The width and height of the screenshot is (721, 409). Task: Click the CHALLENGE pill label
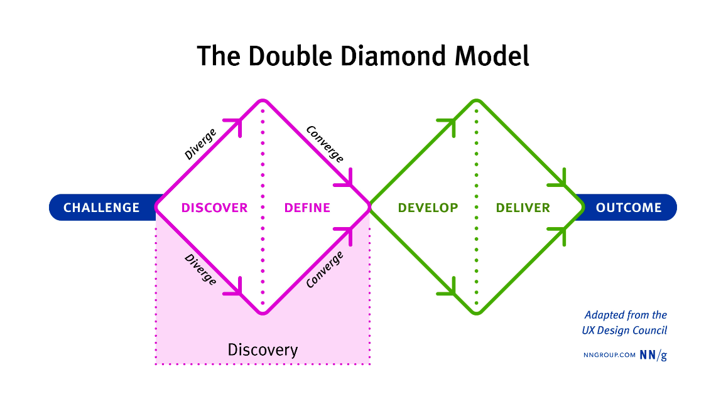tap(101, 208)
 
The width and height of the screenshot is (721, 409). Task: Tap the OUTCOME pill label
tap(628, 208)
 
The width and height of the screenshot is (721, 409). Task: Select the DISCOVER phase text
tap(214, 208)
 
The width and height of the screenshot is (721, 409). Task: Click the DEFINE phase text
tap(307, 208)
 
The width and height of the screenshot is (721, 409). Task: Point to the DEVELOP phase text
tap(428, 208)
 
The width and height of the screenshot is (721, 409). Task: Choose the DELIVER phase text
tap(523, 208)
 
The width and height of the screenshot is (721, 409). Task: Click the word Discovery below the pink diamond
tap(263, 349)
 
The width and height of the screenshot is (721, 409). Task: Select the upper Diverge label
tap(200, 144)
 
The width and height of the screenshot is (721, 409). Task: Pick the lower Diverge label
tap(200, 269)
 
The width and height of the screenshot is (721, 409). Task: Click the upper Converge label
tap(325, 144)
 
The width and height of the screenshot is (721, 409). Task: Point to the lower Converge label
tap(325, 269)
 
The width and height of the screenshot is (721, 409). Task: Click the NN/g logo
tap(653, 354)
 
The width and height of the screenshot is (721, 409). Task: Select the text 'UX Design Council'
tap(624, 331)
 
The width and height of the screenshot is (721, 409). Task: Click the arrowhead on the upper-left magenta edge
tap(237, 122)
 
